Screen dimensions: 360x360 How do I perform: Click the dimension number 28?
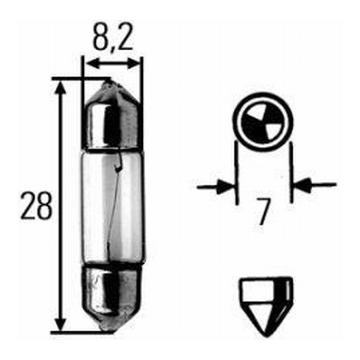(x=37, y=206)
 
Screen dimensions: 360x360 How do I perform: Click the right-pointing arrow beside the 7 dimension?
(x=223, y=187)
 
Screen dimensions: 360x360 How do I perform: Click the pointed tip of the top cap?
(x=109, y=83)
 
